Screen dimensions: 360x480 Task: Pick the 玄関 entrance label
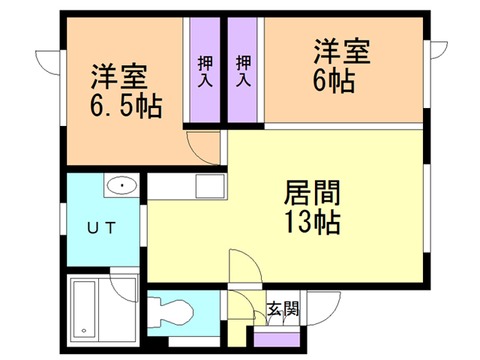point(284,307)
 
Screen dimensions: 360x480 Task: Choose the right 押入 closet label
point(243,72)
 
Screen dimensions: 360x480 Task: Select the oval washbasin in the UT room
point(119,184)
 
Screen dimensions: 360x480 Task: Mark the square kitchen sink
point(207,184)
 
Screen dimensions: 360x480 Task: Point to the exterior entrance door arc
point(319,308)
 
